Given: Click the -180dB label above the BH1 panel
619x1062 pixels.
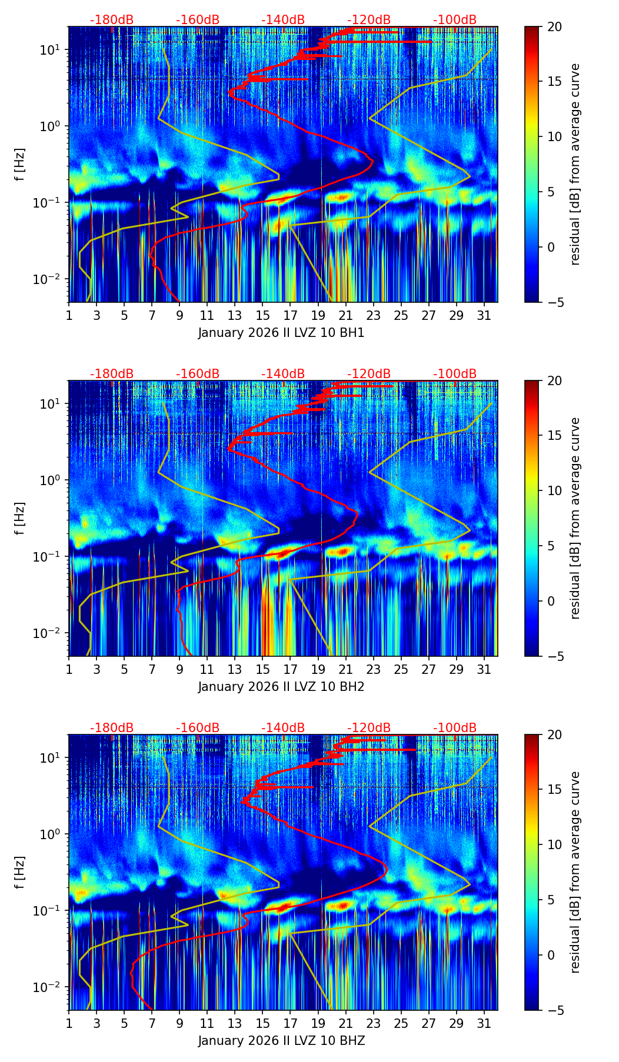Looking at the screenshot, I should (112, 20).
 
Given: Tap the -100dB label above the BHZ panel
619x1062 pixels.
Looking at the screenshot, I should (455, 728).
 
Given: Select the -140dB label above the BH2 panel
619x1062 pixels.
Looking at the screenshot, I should (283, 374).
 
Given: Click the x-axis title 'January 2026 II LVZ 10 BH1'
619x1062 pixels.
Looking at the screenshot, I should (281, 333).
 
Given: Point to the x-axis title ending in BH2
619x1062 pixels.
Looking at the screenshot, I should (281, 687).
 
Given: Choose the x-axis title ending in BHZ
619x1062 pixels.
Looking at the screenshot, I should (281, 1041).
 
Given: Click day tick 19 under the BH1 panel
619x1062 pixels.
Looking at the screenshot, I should (318, 315).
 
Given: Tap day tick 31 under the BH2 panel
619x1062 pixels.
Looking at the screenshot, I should (484, 669).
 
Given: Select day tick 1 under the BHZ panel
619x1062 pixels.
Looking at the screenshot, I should (69, 1023).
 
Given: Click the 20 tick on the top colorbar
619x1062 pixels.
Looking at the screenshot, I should (554, 26).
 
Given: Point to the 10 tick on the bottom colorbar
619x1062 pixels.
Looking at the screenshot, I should (554, 844).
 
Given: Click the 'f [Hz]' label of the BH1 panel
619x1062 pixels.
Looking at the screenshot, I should (20, 164).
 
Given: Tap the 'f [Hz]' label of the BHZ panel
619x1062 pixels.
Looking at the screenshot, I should (20, 872).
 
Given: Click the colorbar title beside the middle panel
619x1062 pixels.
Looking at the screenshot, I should (575, 518).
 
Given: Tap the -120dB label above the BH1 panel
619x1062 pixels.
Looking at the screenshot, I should (369, 20).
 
